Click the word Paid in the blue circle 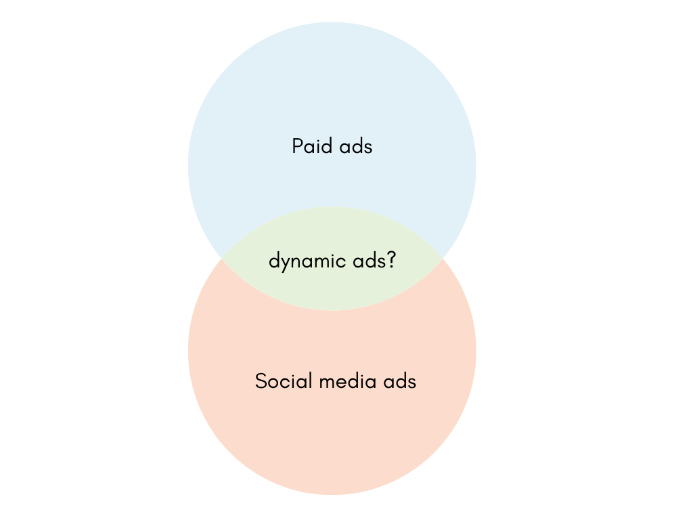click(x=308, y=146)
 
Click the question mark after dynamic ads click(x=391, y=260)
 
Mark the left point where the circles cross click(x=222, y=258)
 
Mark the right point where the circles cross click(x=442, y=258)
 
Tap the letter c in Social click(x=281, y=383)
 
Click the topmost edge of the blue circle click(x=332, y=22)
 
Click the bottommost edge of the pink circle click(x=332, y=494)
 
